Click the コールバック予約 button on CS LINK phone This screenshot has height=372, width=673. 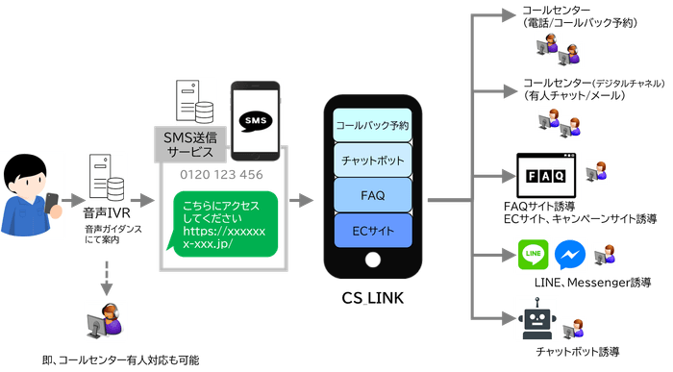point(372,126)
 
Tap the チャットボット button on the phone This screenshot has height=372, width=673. point(372,160)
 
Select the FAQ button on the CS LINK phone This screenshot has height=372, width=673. point(372,195)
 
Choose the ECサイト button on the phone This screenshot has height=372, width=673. point(372,231)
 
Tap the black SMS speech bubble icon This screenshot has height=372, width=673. point(255,121)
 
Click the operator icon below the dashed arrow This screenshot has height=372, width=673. point(106,319)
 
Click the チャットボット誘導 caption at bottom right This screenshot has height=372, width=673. point(577,350)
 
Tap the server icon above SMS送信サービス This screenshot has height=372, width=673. point(192,104)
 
